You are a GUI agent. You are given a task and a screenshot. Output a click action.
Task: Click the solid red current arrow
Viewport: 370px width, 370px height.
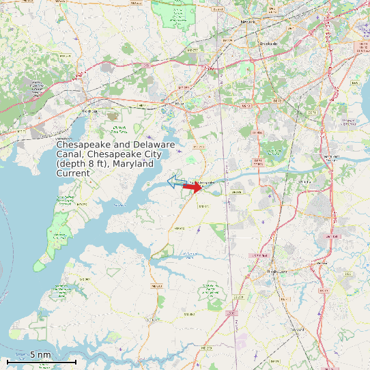point(193,187)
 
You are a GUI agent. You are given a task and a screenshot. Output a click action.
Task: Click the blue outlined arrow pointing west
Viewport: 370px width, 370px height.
point(177,182)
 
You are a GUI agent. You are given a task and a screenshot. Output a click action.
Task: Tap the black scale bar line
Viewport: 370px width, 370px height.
point(41,361)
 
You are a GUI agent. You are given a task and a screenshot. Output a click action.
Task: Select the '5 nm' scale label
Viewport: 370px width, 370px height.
point(41,354)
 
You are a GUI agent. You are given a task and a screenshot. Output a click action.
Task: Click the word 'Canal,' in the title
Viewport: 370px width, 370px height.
point(71,154)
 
